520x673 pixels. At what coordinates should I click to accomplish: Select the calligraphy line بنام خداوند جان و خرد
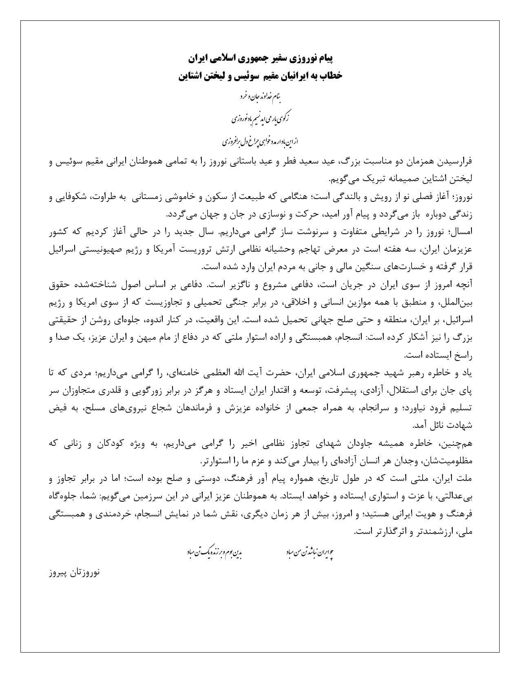coord(260,97)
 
